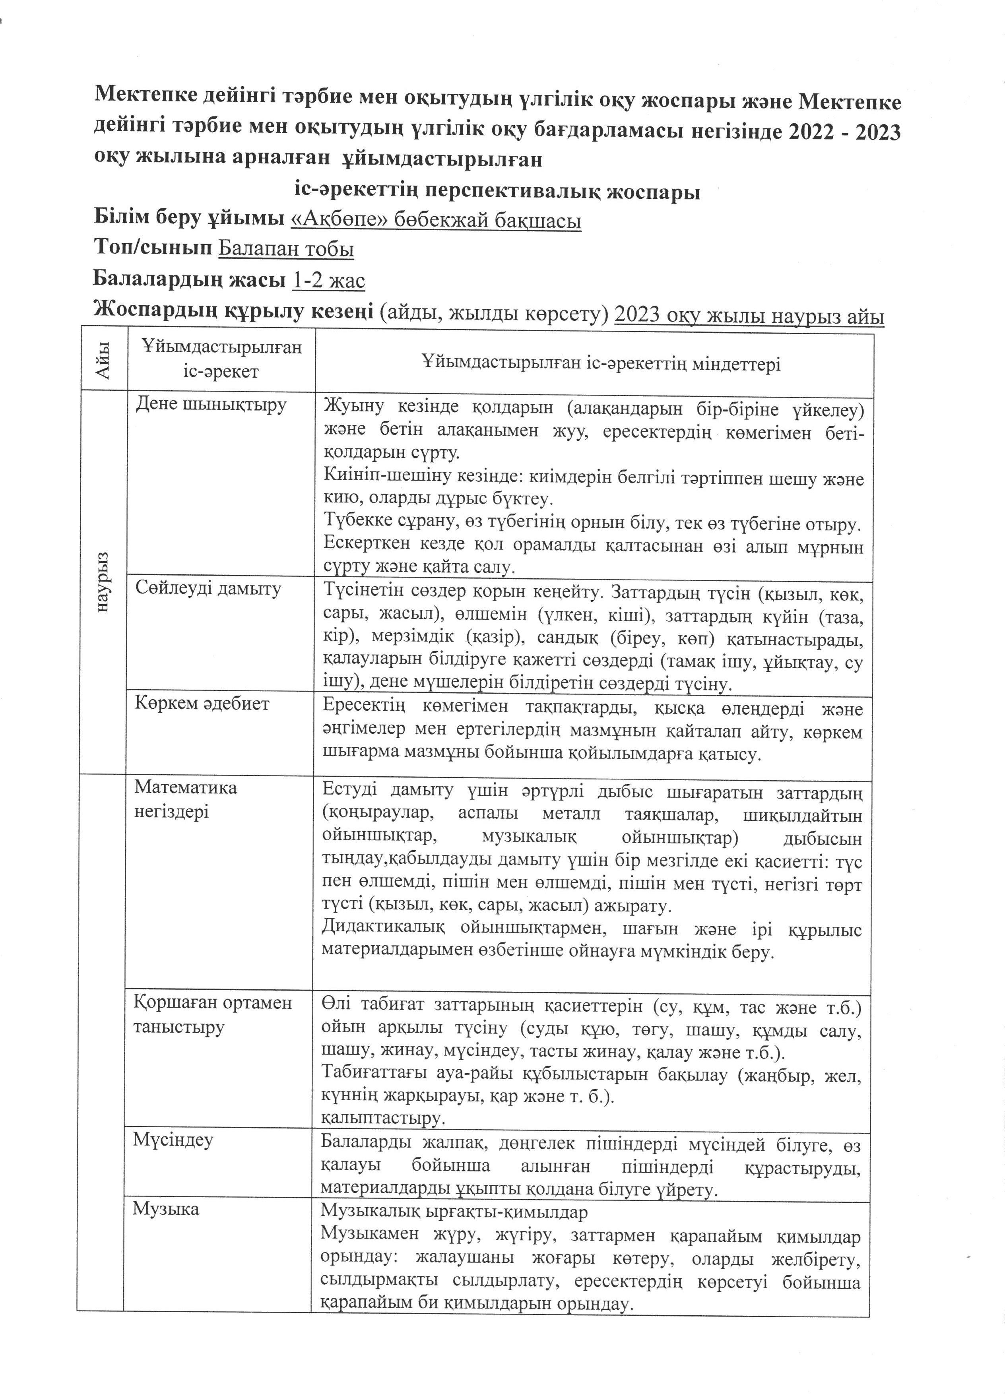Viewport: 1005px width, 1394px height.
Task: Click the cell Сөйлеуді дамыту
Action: coord(208,588)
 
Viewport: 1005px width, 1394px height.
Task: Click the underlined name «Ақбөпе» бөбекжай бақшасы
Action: coord(435,219)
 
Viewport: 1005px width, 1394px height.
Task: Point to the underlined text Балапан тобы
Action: coord(286,248)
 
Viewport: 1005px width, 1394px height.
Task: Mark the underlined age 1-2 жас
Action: coord(328,280)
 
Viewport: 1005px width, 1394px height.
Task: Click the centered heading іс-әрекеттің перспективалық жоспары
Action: coord(497,191)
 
